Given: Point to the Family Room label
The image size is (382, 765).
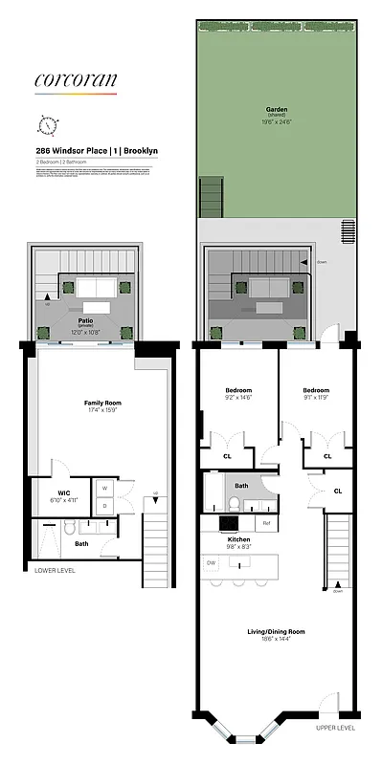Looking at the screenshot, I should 101,404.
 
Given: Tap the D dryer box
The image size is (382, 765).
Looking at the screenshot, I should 103,506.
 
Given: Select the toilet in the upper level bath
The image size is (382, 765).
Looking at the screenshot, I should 234,504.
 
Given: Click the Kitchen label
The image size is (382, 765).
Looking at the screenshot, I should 238,541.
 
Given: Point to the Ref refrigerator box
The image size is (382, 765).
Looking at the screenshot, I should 266,523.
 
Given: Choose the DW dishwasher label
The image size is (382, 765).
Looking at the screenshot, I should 211,563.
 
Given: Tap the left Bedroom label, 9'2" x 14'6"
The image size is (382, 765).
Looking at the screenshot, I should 237,391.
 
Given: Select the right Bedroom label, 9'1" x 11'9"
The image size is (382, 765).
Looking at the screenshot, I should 315,391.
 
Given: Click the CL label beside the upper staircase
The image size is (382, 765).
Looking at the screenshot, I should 338,492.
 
